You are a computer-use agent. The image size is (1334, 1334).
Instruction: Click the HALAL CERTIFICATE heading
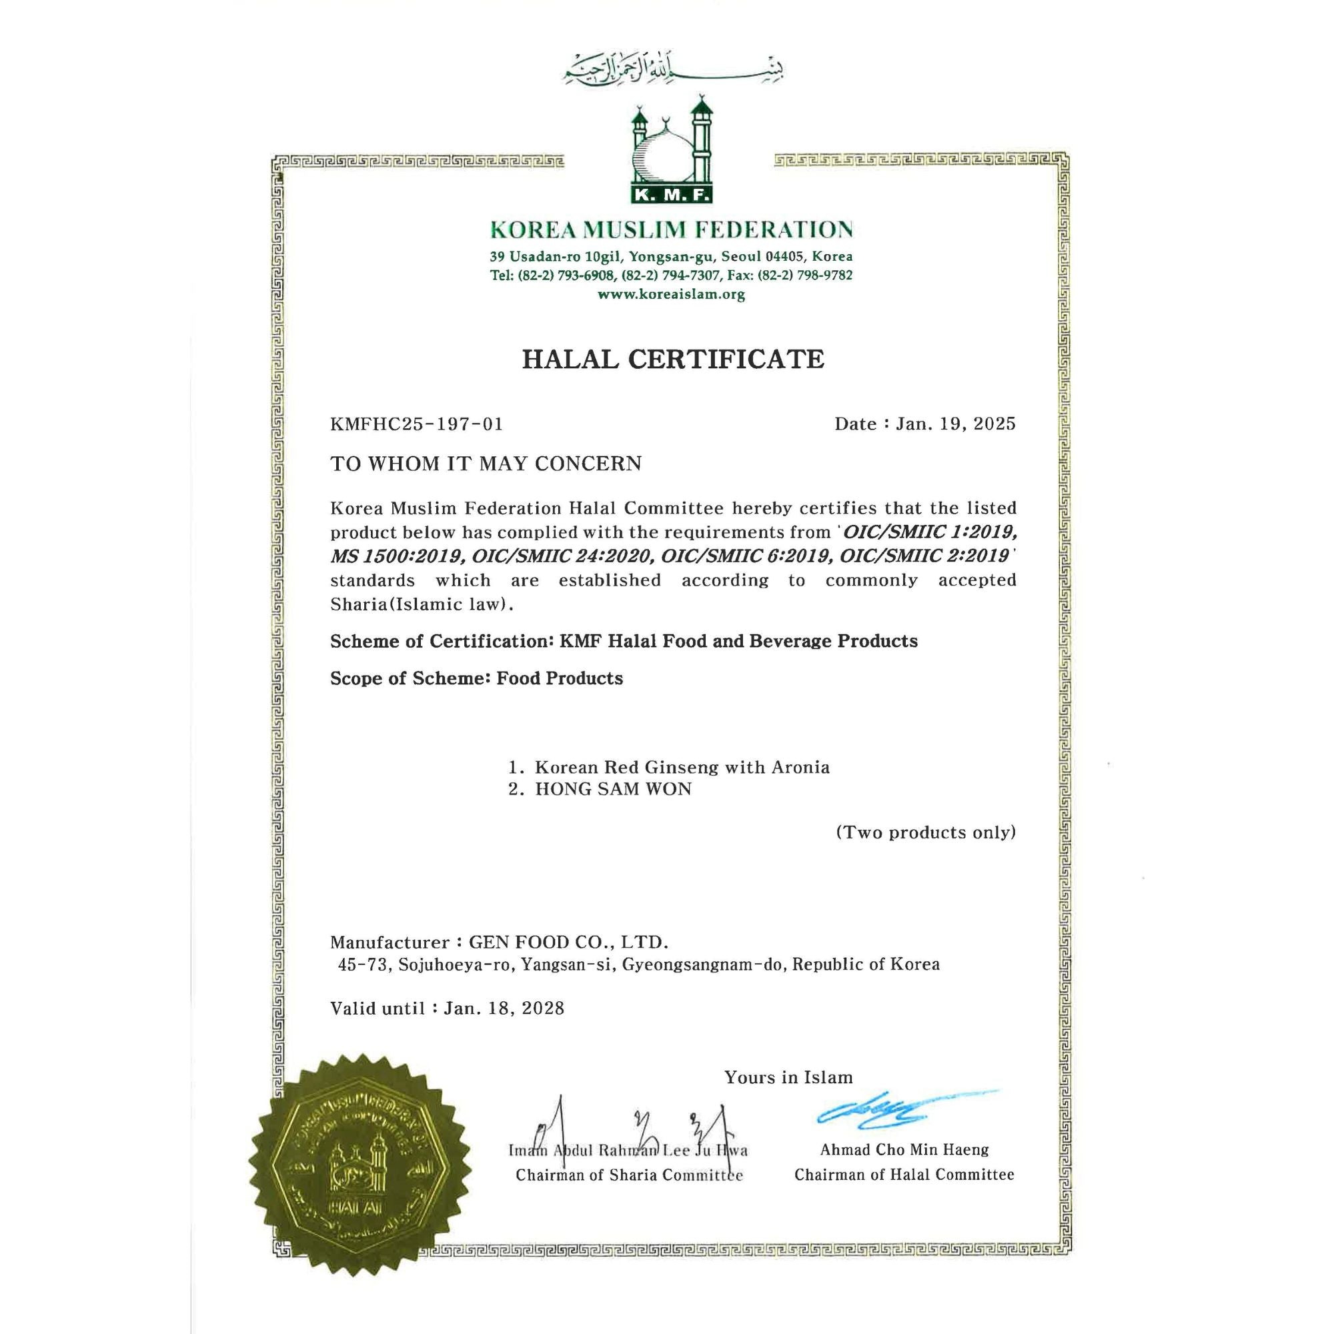click(x=672, y=359)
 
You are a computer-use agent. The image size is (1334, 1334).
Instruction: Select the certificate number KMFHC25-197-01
click(x=416, y=424)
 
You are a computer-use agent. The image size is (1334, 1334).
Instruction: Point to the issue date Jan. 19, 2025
click(x=955, y=424)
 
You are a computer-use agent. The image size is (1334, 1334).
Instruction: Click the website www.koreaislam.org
click(x=671, y=295)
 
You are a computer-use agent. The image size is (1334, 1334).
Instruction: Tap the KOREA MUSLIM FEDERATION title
click(x=671, y=229)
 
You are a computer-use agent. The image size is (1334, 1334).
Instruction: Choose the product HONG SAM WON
click(x=613, y=789)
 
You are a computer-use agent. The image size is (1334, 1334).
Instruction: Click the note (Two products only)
click(x=925, y=832)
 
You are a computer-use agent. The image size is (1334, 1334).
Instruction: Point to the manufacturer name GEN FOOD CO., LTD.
click(x=568, y=942)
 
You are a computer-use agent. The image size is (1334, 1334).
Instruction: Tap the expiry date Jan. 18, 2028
click(x=504, y=1009)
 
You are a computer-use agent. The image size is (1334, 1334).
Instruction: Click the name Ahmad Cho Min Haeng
click(x=904, y=1150)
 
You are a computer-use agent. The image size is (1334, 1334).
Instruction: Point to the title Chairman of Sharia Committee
click(x=629, y=1175)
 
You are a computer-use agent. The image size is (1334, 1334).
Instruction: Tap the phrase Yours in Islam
click(x=788, y=1077)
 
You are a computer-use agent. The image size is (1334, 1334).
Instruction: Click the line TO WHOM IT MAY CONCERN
click(x=486, y=464)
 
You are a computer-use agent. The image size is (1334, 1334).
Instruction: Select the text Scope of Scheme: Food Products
click(x=476, y=678)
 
